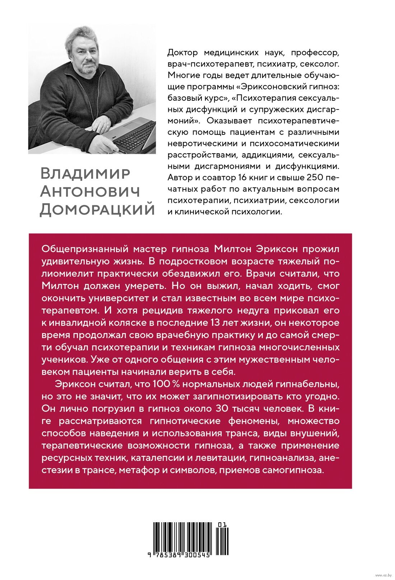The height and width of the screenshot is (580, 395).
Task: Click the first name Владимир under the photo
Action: [85, 173]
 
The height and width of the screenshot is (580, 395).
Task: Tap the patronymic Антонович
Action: [89, 191]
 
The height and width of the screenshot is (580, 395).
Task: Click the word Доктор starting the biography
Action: [183, 53]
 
